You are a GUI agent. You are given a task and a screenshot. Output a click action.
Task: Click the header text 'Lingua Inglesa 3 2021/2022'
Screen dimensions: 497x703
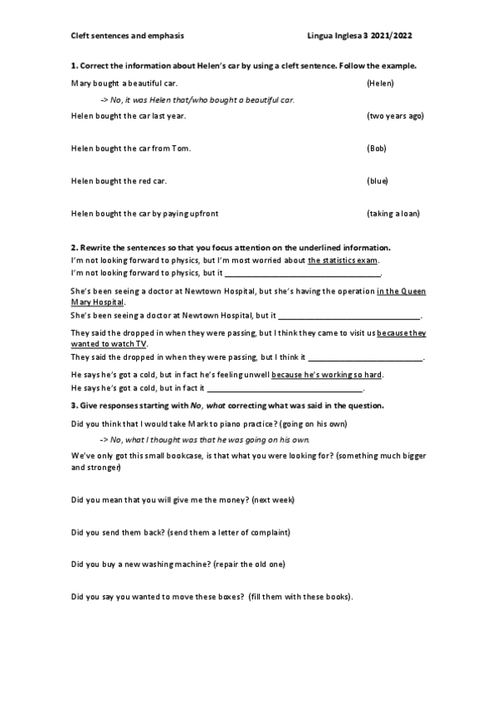tap(359, 36)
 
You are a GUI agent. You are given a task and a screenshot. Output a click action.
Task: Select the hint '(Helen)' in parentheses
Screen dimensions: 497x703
tap(379, 84)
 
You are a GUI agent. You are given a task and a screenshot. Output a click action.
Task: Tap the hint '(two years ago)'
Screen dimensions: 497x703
tap(395, 116)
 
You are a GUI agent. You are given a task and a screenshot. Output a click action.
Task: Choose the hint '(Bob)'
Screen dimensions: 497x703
tap(377, 148)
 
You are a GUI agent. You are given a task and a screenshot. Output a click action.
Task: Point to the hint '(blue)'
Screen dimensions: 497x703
tap(377, 181)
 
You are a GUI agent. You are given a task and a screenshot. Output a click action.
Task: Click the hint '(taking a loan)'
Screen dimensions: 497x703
tap(392, 213)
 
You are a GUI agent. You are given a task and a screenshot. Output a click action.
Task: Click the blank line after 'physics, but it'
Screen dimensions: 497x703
tap(303, 273)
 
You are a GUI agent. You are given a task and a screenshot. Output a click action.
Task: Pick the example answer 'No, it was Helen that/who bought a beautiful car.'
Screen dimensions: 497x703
tap(197, 99)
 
